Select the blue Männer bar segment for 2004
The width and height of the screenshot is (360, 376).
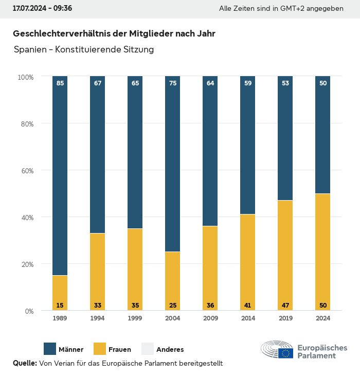point(173,165)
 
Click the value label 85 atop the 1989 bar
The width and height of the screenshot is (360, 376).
point(60,83)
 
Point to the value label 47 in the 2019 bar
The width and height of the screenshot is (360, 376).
point(285,306)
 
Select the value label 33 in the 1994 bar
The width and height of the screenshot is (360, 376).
point(98,306)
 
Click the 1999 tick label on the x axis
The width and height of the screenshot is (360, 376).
point(135,318)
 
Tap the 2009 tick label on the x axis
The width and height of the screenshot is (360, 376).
point(210,318)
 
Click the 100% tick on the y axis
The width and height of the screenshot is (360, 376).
point(25,77)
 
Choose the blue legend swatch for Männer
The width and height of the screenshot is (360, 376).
point(50,349)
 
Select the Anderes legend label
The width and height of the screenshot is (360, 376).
point(170,350)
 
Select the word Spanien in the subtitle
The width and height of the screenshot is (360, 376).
point(29,50)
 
